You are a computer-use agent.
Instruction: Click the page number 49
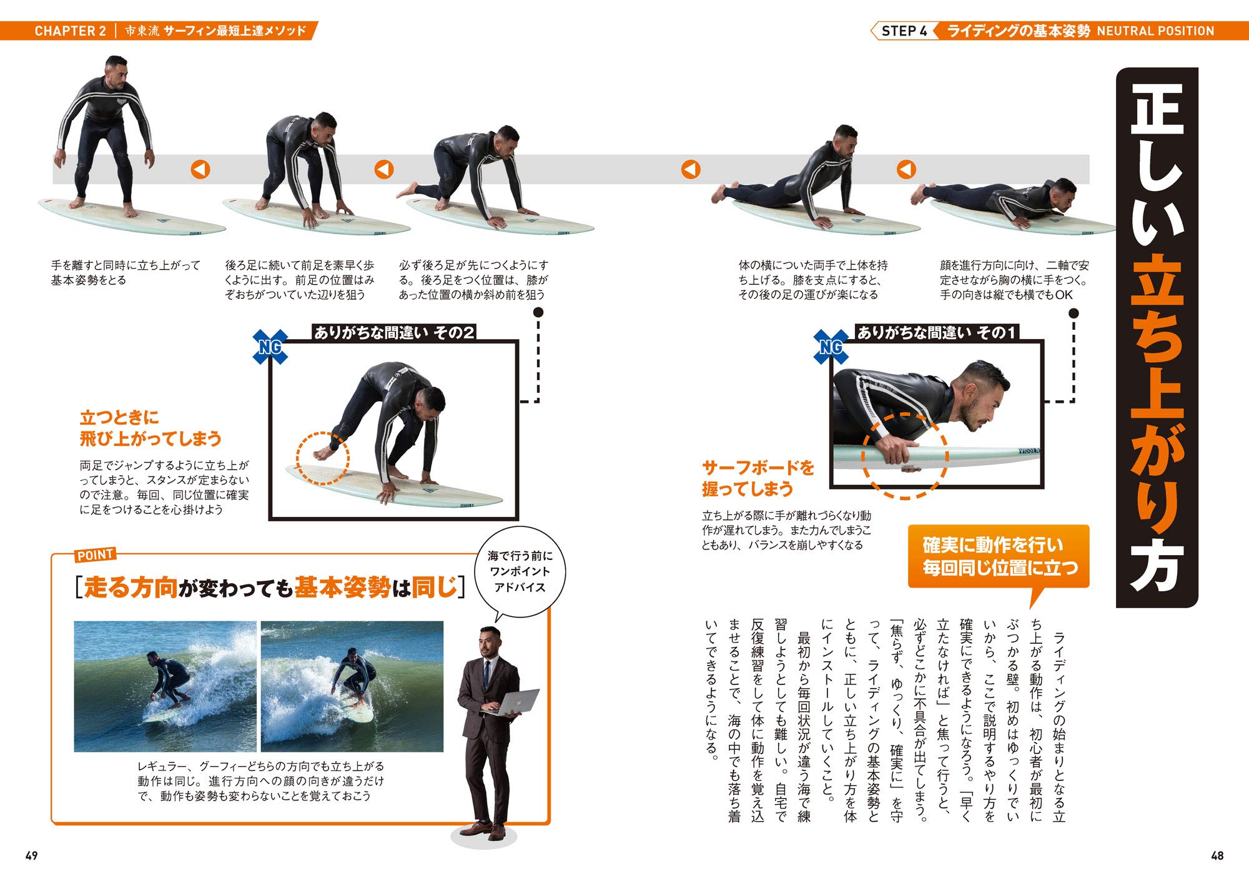point(31,855)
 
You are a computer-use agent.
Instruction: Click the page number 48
point(1217,855)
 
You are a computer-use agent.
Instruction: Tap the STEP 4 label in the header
point(904,31)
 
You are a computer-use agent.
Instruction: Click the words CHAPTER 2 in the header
point(71,31)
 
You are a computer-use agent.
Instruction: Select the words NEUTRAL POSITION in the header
point(1155,31)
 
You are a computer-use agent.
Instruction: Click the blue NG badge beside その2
point(270,347)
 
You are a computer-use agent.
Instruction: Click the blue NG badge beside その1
point(831,347)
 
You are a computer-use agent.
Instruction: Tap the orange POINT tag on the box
point(95,554)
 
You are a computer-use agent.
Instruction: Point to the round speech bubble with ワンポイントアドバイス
point(520,572)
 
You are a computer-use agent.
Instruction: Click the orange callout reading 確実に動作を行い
point(999,556)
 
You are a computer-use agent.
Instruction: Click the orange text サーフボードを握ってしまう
point(758,478)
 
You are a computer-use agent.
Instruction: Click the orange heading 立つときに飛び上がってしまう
point(151,428)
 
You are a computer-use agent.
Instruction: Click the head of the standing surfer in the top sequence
point(116,68)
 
